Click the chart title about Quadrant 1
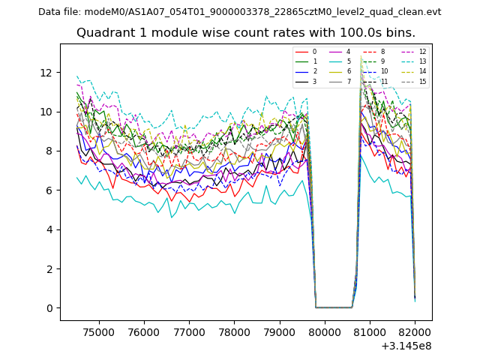point(245,33)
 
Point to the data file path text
point(239,12)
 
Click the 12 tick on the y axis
point(46,73)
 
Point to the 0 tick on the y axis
point(49,308)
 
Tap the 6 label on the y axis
point(49,190)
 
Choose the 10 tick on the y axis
point(46,112)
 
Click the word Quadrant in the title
point(101,33)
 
